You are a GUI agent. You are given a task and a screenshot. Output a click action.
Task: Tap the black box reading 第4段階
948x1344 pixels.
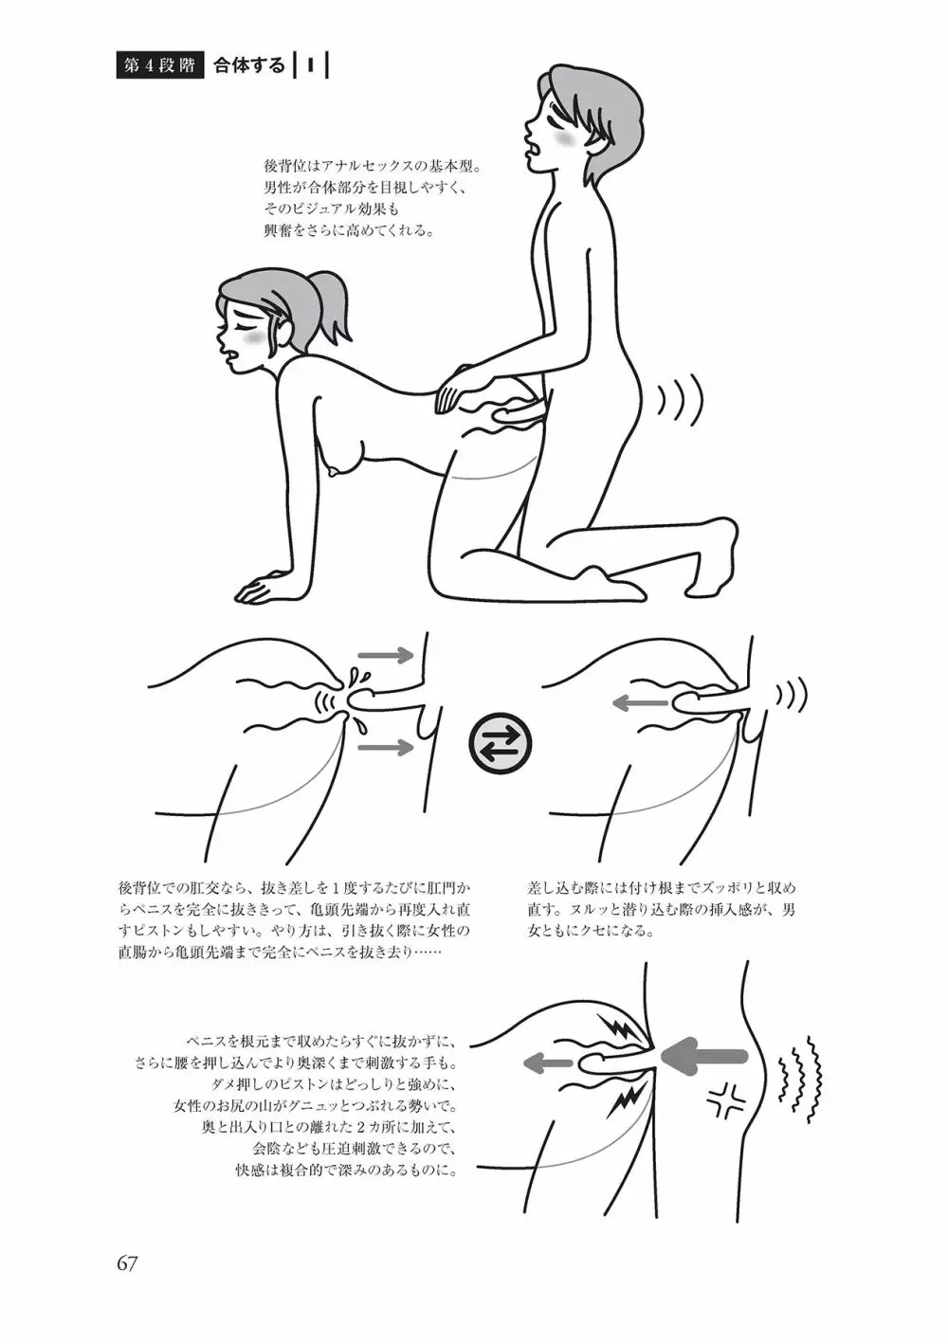tap(160, 66)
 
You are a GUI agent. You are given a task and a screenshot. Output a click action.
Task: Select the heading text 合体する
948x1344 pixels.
tap(249, 65)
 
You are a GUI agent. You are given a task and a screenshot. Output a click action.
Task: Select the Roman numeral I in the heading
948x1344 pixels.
tap(311, 65)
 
